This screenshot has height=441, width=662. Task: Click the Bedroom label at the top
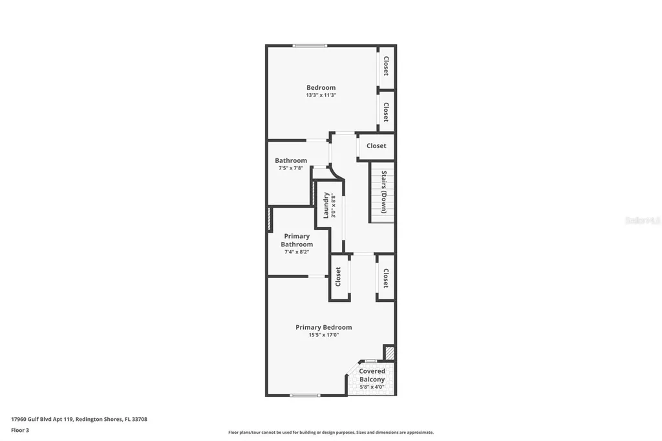coord(321,88)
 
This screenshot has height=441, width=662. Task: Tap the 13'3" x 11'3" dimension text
coord(321,95)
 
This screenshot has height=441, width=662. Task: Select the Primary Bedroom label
coord(323,328)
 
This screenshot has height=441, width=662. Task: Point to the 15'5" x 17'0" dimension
coord(323,335)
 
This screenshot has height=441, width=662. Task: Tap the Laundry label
coord(326,205)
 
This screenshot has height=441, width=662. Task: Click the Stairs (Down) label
coord(384,192)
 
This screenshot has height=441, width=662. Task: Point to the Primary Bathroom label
coord(297,241)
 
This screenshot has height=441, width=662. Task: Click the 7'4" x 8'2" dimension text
coord(297,252)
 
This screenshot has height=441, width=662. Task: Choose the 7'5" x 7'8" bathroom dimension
coord(290,168)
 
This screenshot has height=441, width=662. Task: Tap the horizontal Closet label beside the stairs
coord(376,146)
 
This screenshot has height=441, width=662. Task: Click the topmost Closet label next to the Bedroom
coord(386,66)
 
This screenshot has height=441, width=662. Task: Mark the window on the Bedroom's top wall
coord(309,45)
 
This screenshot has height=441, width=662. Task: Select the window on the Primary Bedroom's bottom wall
coord(304,395)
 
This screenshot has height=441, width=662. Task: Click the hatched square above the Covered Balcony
coord(389,352)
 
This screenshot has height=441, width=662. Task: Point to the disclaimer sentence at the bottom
coord(330,433)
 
